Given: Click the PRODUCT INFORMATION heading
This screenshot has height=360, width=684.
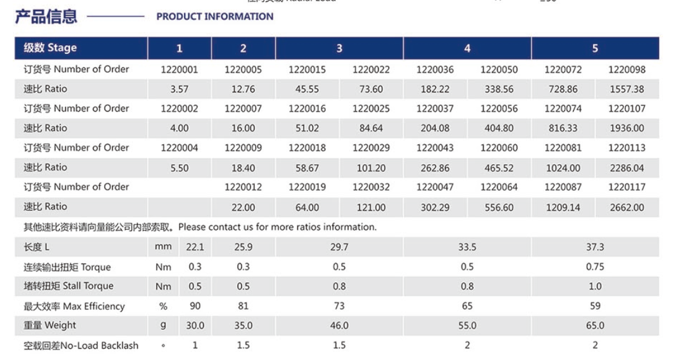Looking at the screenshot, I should click(214, 17).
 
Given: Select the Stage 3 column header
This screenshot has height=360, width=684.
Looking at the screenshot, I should click(339, 48).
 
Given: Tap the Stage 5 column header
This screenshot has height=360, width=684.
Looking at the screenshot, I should click(595, 48).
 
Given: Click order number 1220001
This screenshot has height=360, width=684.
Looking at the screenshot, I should click(179, 70).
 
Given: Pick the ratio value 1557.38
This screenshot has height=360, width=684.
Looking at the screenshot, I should click(627, 89).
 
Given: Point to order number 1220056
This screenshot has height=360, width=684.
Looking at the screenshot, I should click(499, 109).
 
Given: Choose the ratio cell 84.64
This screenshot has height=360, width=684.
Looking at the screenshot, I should click(371, 129).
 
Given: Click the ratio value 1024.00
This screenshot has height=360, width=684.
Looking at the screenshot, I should click(563, 168).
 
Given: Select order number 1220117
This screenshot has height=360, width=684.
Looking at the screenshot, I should click(627, 187).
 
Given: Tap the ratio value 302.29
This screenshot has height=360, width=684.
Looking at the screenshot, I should click(435, 208).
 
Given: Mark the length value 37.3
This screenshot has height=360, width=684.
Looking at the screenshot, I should click(595, 247).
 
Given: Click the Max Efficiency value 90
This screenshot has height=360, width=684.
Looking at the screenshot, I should click(195, 306).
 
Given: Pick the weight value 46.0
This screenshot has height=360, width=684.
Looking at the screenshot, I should click(339, 325).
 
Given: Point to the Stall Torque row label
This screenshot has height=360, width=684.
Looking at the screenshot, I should click(68, 286).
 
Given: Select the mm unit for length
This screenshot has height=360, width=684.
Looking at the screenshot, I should click(163, 247).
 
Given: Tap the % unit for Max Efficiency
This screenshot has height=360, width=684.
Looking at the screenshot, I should click(163, 306).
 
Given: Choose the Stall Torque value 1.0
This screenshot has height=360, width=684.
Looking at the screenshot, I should click(595, 286).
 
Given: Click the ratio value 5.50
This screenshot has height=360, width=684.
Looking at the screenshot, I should click(179, 168).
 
